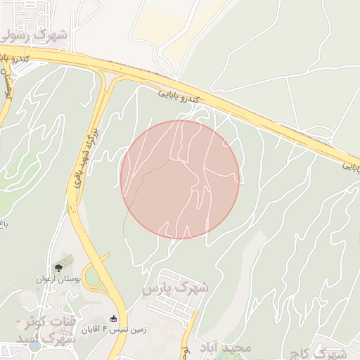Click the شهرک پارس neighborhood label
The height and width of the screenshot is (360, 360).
click(x=175, y=288)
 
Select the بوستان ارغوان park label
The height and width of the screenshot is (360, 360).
click(x=59, y=279)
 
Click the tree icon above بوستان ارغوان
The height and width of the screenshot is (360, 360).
click(x=58, y=267)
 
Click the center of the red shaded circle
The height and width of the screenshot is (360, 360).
click(x=180, y=179)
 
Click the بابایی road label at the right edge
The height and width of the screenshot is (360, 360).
click(x=351, y=167)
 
